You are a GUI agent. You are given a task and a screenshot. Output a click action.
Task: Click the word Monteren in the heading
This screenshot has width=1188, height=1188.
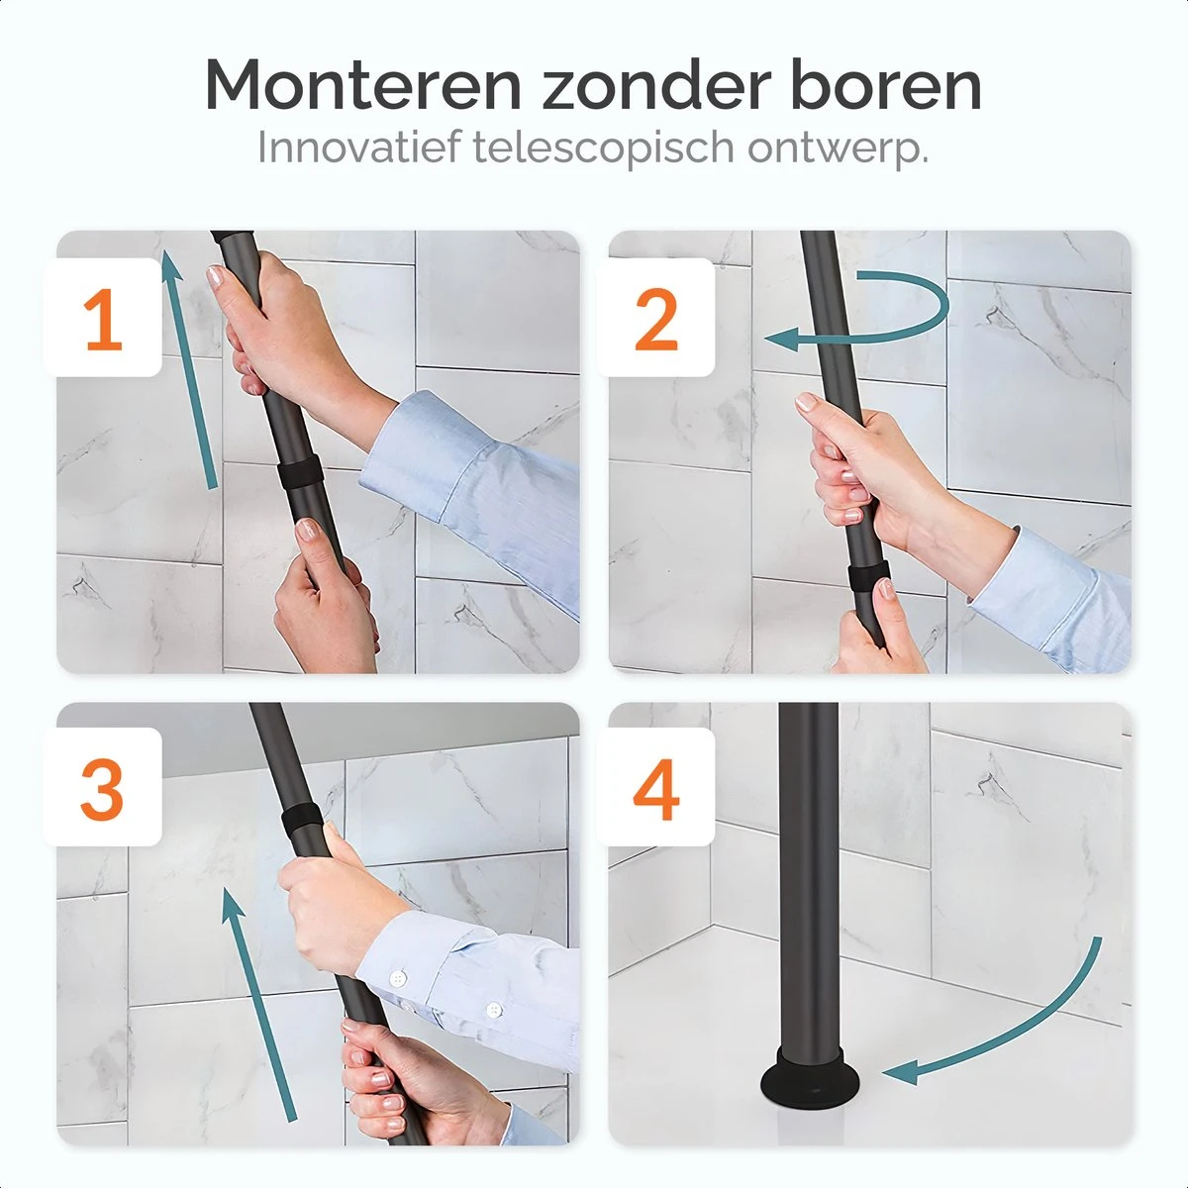[x=362, y=85]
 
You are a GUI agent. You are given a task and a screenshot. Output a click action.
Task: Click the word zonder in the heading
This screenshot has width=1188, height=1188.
[x=654, y=85]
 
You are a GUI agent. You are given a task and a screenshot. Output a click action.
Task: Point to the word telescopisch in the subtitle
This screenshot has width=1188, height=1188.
[x=605, y=148]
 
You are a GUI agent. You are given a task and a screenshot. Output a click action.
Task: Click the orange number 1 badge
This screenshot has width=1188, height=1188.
[x=104, y=320]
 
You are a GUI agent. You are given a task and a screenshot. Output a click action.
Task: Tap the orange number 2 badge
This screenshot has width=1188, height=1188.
[x=656, y=320]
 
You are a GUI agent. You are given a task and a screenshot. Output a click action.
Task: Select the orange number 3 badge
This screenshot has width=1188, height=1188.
[x=103, y=789]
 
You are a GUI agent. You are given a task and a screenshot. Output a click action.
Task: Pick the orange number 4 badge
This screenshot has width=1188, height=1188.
[x=656, y=789]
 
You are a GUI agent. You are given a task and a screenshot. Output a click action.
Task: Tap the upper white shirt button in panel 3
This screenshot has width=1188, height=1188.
[x=399, y=978]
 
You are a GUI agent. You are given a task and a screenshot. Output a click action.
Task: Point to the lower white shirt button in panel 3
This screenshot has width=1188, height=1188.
[x=492, y=1010]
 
